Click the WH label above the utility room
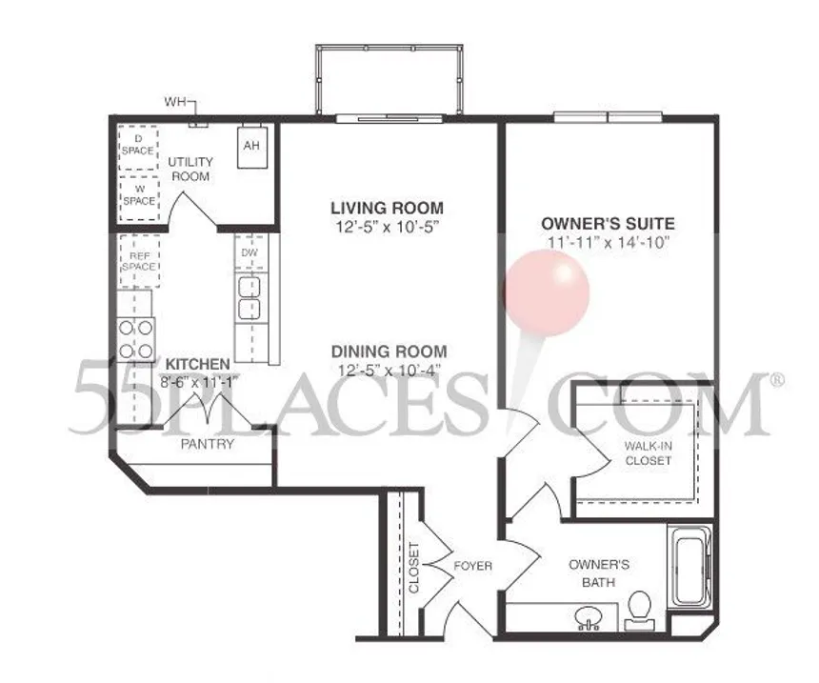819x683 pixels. pos(175,101)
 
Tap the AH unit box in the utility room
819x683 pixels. pos(251,147)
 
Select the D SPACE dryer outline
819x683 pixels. pos(138,148)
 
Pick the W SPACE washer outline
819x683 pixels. pos(138,198)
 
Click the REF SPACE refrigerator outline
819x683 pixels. pos(139,261)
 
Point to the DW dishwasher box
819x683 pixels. pos(250,252)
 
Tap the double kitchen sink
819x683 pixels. pos(250,298)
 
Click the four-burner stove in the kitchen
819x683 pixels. pos(136,339)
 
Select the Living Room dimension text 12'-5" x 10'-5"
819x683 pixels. pos(387,228)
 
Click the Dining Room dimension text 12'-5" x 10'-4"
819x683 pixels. pos(389,371)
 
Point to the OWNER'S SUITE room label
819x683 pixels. pos(608,224)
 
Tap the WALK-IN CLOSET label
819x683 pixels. pos(649,453)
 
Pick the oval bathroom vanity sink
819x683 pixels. pos(589,617)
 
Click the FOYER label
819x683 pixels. pos(472,566)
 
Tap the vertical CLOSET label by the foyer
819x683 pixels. pos(413,568)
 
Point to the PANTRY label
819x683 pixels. pos(208,444)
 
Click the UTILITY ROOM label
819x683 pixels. pos(190,170)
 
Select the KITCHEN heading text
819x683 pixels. pos(197,364)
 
